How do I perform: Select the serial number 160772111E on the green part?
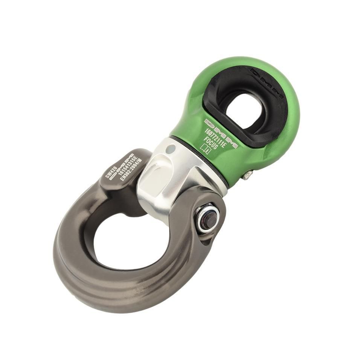tap(215, 138)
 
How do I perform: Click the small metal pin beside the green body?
tap(248, 174)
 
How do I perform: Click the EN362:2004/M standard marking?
tap(130, 169)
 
